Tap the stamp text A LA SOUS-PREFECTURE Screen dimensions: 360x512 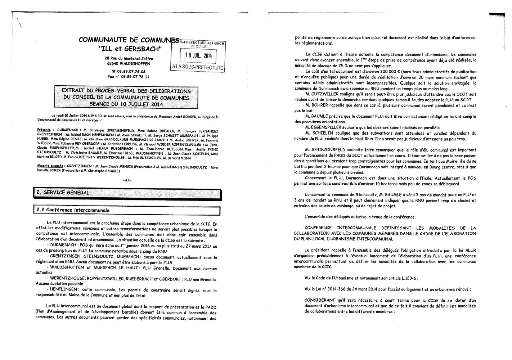pyautogui.click(x=198, y=67)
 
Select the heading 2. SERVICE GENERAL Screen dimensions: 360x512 pyautogui.click(x=63, y=193)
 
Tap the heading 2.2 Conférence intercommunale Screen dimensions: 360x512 pyautogui.click(x=72, y=210)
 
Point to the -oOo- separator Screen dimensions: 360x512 pyautogui.click(x=127, y=180)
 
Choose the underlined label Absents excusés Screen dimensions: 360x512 pyautogui.click(x=48, y=166)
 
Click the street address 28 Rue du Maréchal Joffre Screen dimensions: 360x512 pyautogui.click(x=129, y=58)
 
